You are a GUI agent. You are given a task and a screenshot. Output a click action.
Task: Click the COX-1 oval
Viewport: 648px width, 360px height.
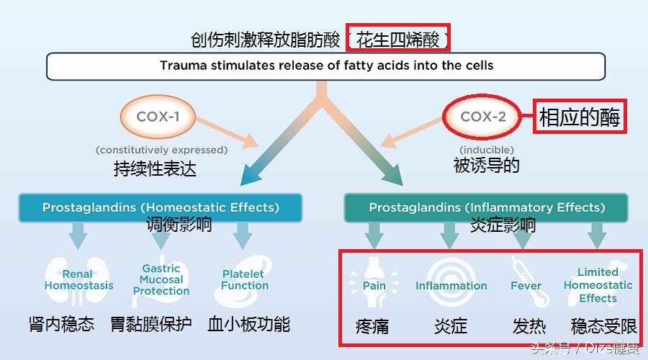point(158,116)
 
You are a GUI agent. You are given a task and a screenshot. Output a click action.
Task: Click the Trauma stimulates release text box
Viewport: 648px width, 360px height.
point(326,66)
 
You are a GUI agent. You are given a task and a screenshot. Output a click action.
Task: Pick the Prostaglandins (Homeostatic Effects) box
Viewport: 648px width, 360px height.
point(161,207)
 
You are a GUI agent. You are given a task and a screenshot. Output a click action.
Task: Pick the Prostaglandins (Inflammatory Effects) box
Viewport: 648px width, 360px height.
point(487,207)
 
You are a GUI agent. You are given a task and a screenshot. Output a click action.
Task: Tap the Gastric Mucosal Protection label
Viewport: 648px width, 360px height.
point(161,279)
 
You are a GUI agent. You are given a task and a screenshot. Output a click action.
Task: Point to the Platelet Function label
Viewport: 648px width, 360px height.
point(244,279)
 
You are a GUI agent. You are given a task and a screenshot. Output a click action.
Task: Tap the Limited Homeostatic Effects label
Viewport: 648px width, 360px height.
point(598,285)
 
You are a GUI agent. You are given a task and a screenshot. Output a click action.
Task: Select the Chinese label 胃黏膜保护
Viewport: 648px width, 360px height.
point(152,324)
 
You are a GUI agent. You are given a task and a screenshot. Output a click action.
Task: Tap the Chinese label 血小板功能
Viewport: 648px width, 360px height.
point(248,324)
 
